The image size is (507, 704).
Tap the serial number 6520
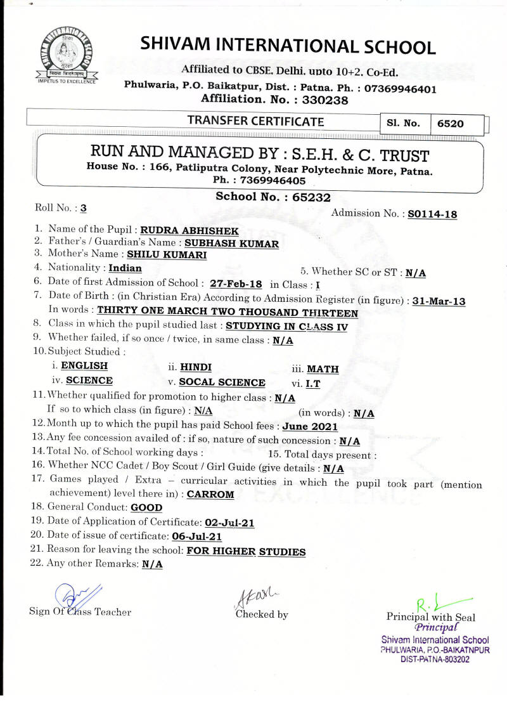pos(451,124)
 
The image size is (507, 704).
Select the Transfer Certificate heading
pos(255,121)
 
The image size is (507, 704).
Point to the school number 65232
pos(311,197)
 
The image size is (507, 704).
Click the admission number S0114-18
pos(432,214)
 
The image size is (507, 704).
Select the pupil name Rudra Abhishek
pos(183,231)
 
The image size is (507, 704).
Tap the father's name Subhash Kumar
pos(231,243)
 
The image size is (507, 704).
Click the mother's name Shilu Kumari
pos(167,255)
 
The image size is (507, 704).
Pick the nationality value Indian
pos(125,268)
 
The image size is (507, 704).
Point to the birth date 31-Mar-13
pos(439,301)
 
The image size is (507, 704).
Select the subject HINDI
pos(196,367)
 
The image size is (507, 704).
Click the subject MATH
pos(323,368)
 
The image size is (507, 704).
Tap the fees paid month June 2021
pos(310,427)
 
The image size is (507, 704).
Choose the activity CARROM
pos(211,494)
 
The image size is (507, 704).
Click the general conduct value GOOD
pos(146,507)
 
